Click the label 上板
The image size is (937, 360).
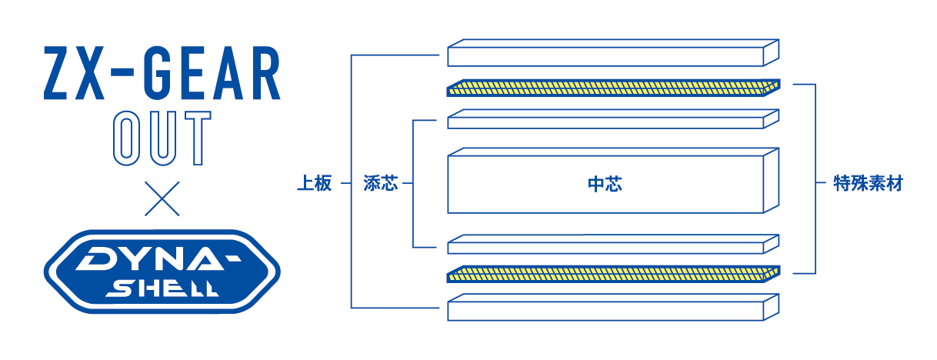(315, 183)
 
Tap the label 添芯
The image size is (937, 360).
(381, 183)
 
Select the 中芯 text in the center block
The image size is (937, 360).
(605, 184)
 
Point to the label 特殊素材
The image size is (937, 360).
(869, 183)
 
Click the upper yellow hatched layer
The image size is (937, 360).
(613, 88)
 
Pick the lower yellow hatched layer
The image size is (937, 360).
(613, 274)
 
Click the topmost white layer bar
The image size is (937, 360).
(613, 52)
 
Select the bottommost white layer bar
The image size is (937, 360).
(613, 308)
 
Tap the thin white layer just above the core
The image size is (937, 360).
(613, 119)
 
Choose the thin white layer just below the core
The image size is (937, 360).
(613, 244)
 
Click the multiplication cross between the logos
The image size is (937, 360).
(162, 198)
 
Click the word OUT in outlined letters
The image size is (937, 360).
(162, 138)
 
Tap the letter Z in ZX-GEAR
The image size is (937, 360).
(55, 73)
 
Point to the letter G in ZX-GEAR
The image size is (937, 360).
(161, 73)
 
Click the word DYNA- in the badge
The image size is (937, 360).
(158, 257)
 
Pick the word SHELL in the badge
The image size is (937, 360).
(162, 288)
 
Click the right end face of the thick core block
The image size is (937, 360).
(772, 180)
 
